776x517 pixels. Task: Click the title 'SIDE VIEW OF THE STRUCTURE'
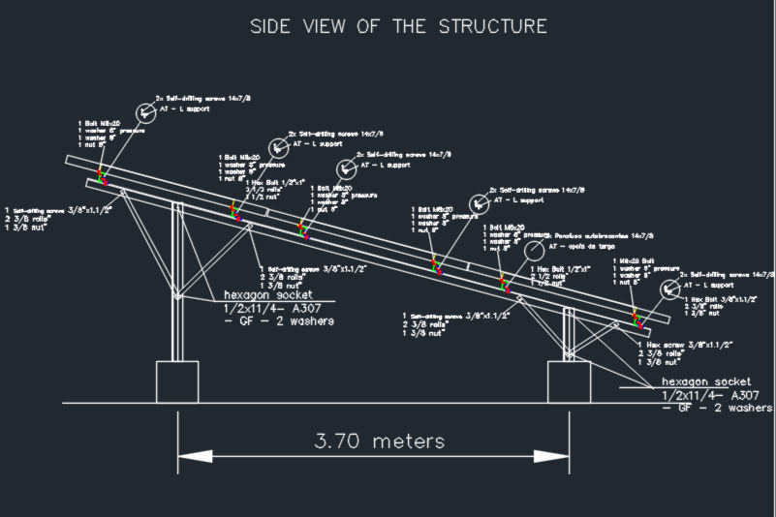[x=398, y=26]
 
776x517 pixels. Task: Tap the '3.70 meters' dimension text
[x=380, y=441]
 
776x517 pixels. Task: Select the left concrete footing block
[x=183, y=381]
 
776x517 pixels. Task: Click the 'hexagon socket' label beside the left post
[x=262, y=294]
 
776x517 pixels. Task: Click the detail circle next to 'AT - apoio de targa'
[x=535, y=251]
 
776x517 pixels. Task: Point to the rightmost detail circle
[x=670, y=289]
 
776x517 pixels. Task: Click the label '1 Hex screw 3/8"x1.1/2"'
[x=684, y=345]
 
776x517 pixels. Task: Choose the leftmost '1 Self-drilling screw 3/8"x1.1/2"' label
[x=59, y=209]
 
